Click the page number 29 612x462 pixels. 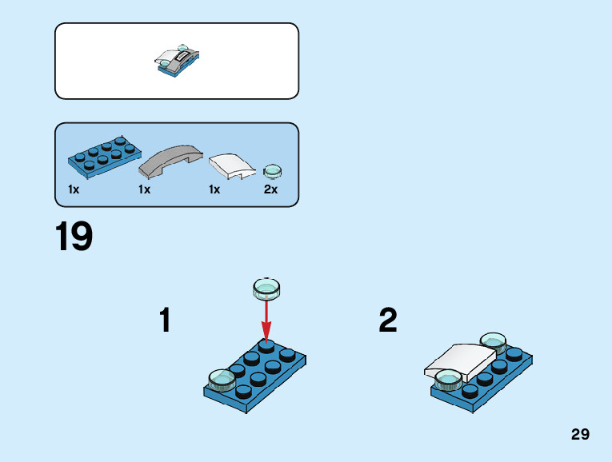(580, 435)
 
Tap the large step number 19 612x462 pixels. (74, 237)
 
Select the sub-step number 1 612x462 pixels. (165, 321)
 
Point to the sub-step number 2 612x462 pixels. (388, 321)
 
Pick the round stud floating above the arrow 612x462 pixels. (267, 288)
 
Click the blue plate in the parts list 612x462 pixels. (102, 155)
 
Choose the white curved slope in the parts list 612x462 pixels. (232, 165)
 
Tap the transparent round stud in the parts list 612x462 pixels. (272, 170)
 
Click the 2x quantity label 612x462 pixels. (270, 190)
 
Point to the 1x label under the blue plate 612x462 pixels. (74, 190)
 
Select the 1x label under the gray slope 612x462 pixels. (144, 190)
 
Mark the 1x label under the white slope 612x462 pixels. (214, 190)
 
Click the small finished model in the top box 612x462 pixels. (178, 62)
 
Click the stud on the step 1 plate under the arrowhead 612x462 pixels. (267, 346)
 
